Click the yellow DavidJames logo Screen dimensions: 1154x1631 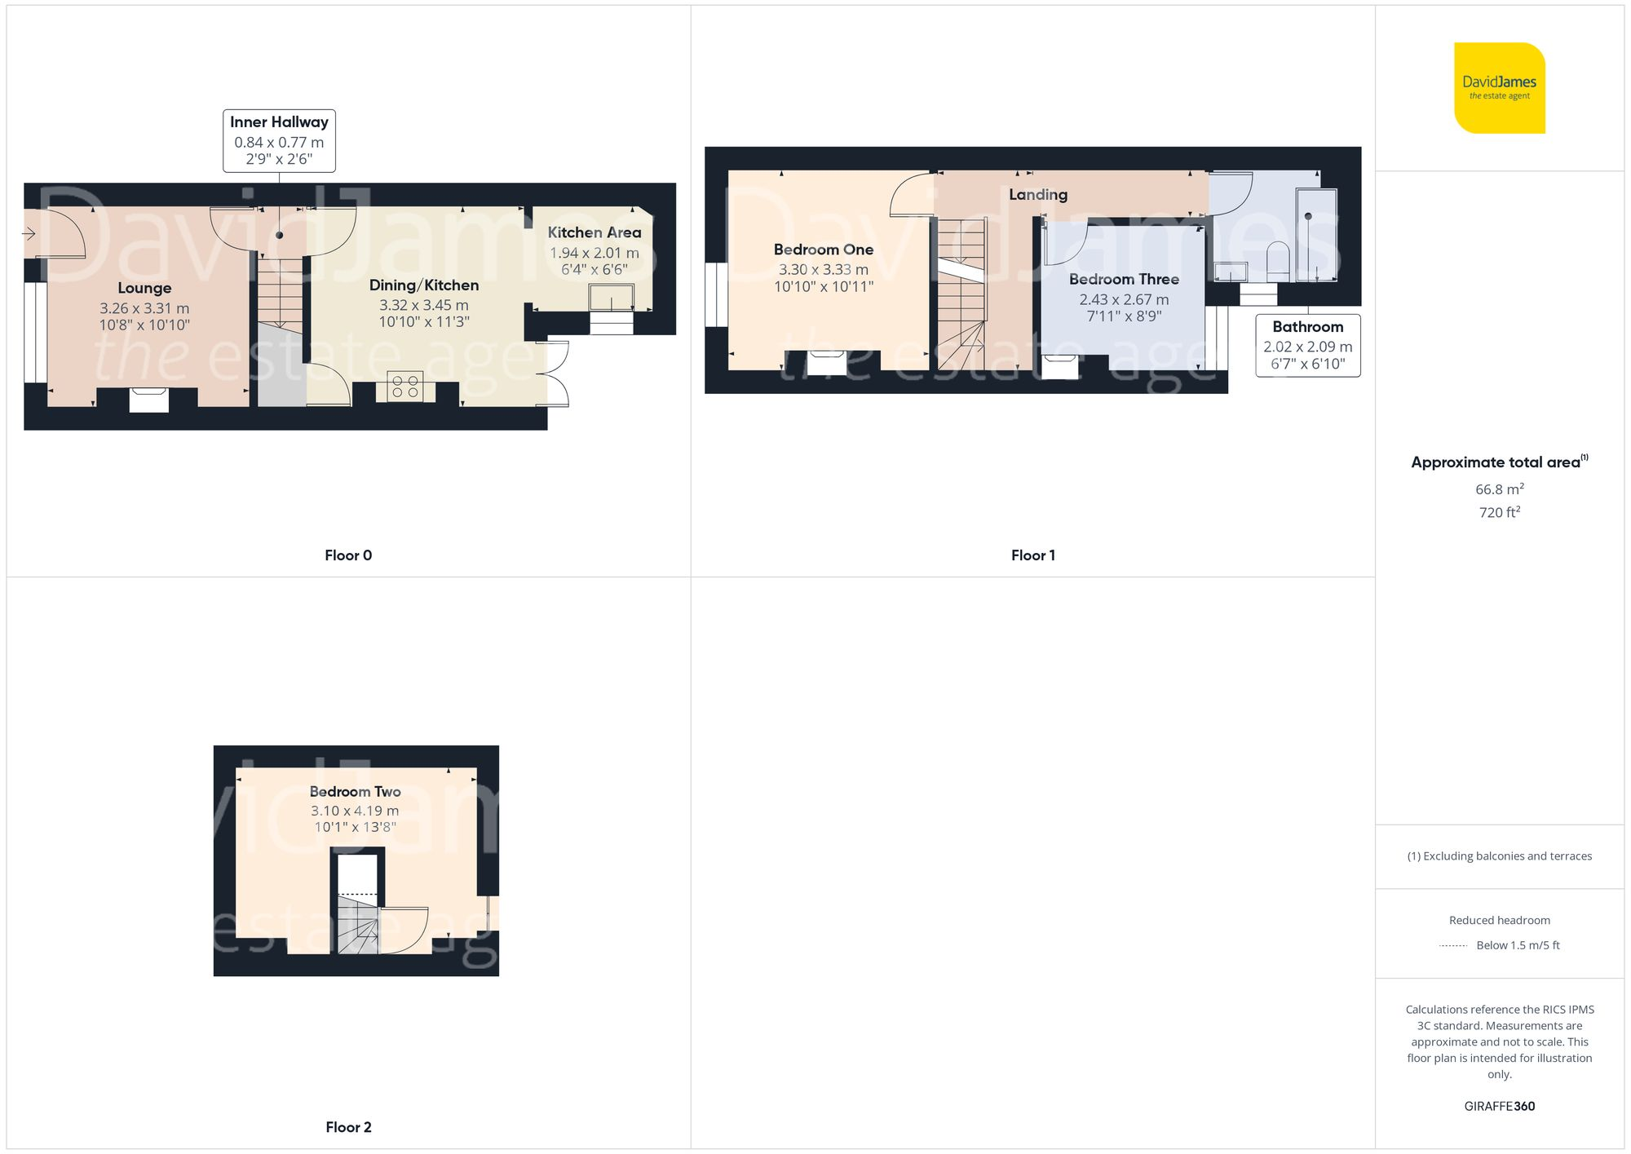pyautogui.click(x=1499, y=88)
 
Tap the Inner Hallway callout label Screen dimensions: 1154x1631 pyautogui.click(x=279, y=140)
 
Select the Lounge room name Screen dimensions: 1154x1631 pyautogui.click(x=144, y=288)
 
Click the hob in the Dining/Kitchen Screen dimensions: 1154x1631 pyautogui.click(x=405, y=387)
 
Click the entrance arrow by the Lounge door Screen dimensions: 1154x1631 pyautogui.click(x=29, y=235)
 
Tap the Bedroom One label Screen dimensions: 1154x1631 pyautogui.click(x=823, y=250)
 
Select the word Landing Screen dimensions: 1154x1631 pyautogui.click(x=1037, y=194)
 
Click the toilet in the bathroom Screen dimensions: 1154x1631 pyautogui.click(x=1278, y=259)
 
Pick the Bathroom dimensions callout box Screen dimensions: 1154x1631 pyautogui.click(x=1307, y=346)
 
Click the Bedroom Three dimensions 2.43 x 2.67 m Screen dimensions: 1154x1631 pyautogui.click(x=1124, y=299)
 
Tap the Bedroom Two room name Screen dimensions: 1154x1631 pyautogui.click(x=355, y=791)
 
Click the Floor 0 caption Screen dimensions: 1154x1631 pyautogui.click(x=348, y=555)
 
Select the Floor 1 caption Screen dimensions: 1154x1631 pyautogui.click(x=1032, y=555)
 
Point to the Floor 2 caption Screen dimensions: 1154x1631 pyautogui.click(x=348, y=1127)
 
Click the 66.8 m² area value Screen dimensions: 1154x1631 pyautogui.click(x=1499, y=489)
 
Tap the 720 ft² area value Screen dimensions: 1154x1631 pyautogui.click(x=1499, y=512)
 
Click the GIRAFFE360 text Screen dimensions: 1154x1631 pyautogui.click(x=1499, y=1106)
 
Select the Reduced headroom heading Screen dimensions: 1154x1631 pyautogui.click(x=1499, y=920)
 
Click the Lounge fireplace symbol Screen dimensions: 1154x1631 pyautogui.click(x=149, y=400)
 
